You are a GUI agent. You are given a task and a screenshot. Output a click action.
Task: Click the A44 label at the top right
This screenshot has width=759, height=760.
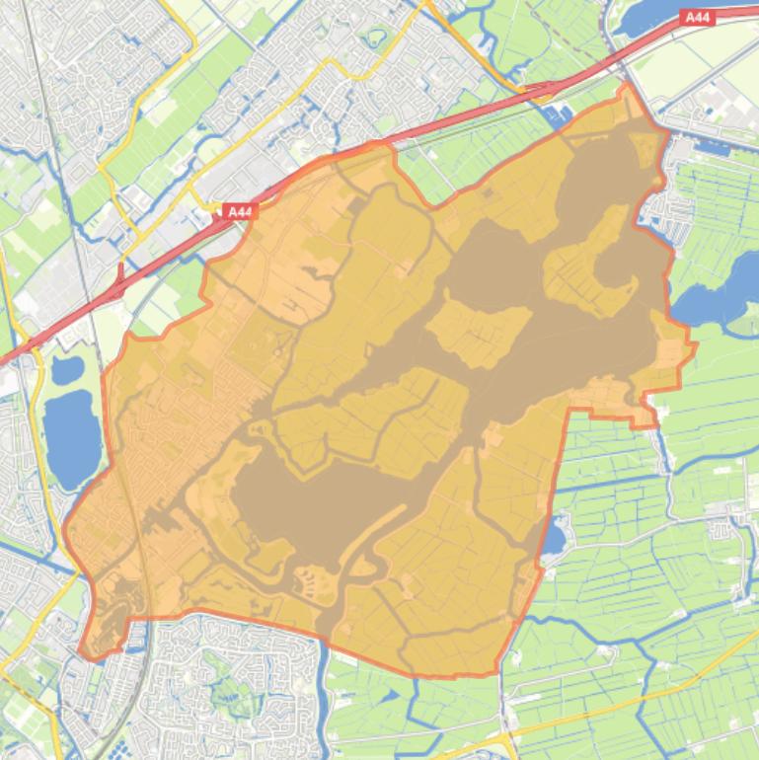[697, 17]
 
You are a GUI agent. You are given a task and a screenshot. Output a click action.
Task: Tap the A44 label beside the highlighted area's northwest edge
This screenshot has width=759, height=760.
[239, 211]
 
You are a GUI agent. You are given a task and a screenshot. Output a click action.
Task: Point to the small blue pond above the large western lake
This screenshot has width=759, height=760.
[66, 370]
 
